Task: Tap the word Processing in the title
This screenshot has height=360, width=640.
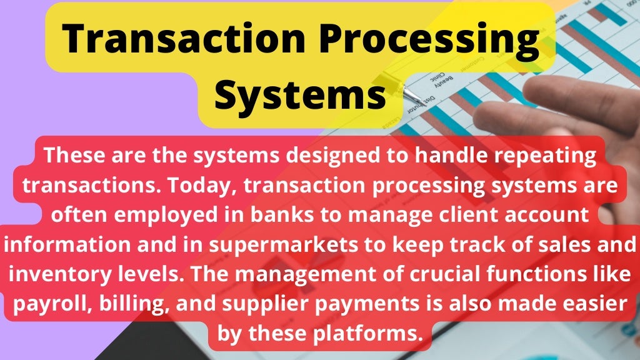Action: [422, 39]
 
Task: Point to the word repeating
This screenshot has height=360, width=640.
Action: [544, 156]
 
